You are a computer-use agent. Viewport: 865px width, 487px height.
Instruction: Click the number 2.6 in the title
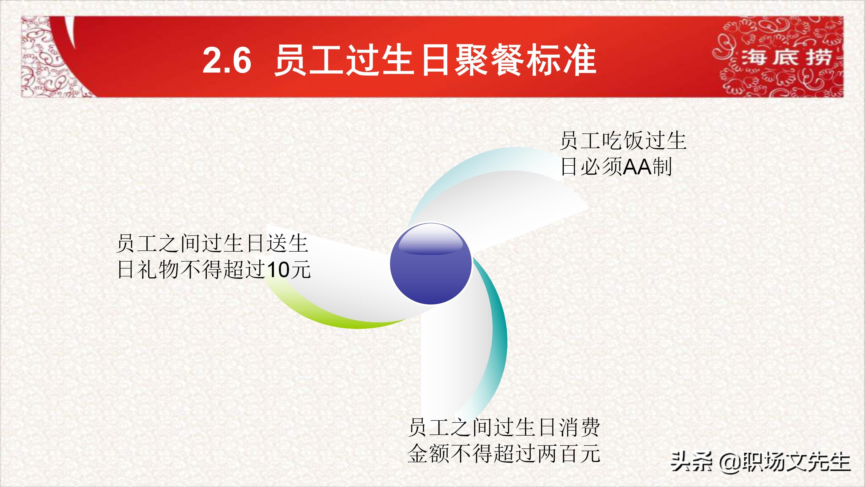click(227, 60)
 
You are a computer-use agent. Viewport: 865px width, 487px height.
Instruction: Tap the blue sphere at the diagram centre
click(431, 264)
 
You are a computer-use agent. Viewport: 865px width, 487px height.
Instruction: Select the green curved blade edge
click(336, 318)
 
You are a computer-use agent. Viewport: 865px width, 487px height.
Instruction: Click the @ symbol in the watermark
click(729, 462)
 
